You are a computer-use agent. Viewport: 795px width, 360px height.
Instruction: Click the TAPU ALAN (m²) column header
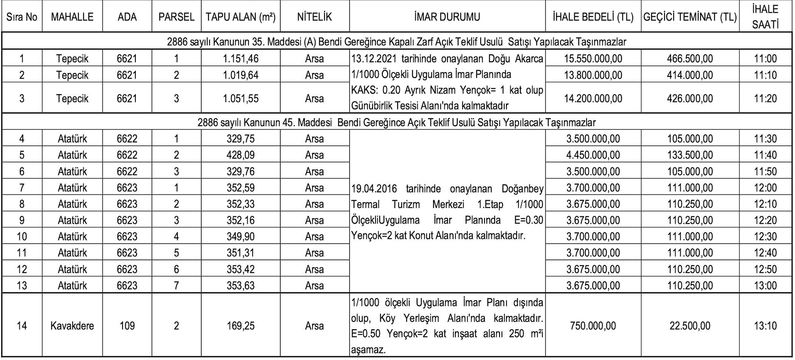click(241, 17)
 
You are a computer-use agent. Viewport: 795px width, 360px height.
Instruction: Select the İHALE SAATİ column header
click(765, 17)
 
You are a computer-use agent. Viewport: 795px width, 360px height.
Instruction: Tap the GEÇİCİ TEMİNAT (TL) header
click(690, 17)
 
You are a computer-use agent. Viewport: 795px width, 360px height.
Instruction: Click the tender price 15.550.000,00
click(593, 59)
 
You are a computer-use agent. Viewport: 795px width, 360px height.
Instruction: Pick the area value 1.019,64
click(241, 75)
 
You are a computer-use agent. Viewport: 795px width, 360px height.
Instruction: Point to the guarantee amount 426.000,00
click(690, 98)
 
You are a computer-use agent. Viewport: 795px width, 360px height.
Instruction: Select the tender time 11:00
click(765, 59)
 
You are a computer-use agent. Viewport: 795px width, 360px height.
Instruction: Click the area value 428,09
click(241, 155)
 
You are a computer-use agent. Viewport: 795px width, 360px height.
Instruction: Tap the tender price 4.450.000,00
click(593, 155)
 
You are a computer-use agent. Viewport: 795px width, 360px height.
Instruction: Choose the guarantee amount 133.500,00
click(690, 155)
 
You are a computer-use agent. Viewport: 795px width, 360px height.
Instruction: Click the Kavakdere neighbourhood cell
click(72, 326)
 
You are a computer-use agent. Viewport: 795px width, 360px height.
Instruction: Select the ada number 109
click(127, 326)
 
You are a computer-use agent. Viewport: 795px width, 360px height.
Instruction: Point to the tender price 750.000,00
click(593, 326)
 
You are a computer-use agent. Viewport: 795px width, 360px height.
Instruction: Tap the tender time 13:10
click(765, 326)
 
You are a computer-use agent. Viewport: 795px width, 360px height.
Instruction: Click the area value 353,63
click(241, 286)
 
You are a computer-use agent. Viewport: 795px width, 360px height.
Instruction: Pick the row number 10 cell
click(22, 237)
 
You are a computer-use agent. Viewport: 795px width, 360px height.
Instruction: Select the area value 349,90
click(241, 237)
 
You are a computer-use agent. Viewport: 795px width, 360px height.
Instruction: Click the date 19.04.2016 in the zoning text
click(374, 188)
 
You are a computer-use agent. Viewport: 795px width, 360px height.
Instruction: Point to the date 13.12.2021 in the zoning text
click(374, 59)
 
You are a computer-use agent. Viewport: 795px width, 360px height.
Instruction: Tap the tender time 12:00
click(765, 188)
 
